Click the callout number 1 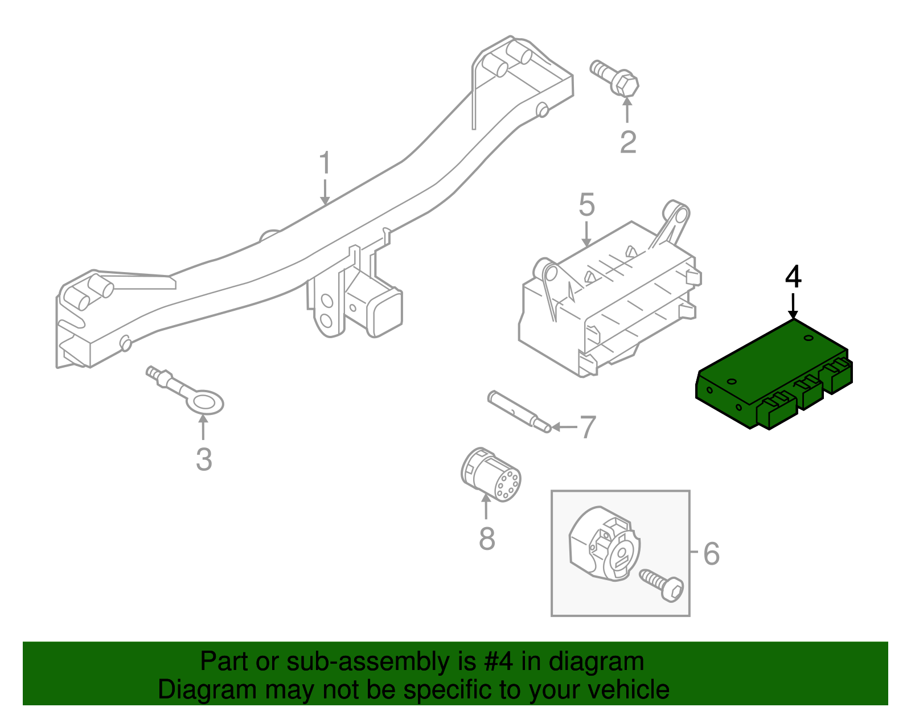click(x=325, y=163)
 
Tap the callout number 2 click(x=627, y=142)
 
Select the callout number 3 click(x=204, y=459)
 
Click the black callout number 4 click(x=793, y=277)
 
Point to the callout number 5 click(x=586, y=205)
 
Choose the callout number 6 click(x=711, y=553)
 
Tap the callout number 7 click(x=587, y=427)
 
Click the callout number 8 click(x=487, y=539)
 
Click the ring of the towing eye click(x=206, y=403)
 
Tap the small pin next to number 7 click(x=519, y=411)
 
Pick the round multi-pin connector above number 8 click(x=490, y=475)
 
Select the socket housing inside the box click(x=604, y=545)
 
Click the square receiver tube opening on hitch click(x=388, y=313)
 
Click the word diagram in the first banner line click(x=596, y=662)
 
